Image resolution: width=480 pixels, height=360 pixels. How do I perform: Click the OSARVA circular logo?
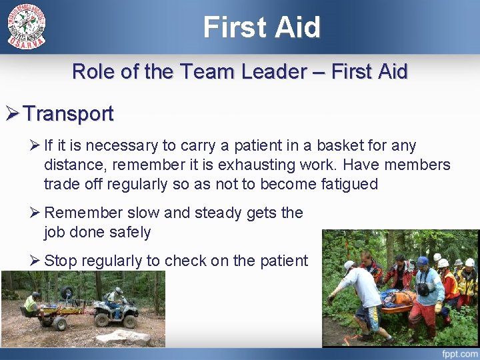pyautogui.click(x=27, y=26)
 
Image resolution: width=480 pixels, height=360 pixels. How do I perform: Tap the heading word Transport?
pyautogui.click(x=69, y=114)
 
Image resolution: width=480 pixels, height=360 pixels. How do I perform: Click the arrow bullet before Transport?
pyautogui.click(x=13, y=114)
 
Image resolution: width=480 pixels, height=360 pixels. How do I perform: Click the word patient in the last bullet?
pyautogui.click(x=281, y=261)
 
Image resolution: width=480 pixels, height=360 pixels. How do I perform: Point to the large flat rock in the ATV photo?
pyautogui.click(x=124, y=337)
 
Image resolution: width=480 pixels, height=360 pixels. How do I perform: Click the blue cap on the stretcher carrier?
pyautogui.click(x=422, y=261)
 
